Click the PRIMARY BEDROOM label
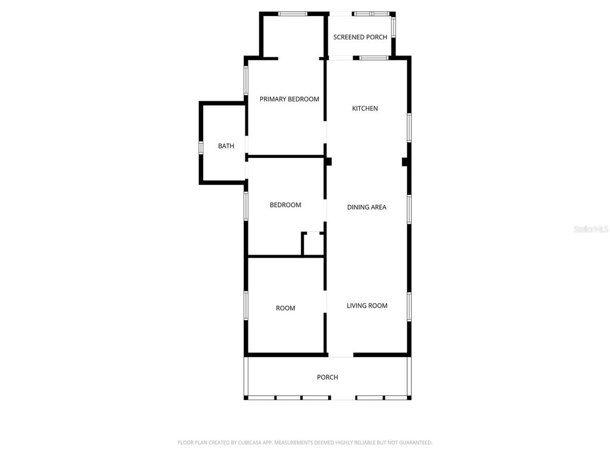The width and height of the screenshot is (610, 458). [x=289, y=99]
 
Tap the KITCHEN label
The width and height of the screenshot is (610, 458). [x=365, y=109]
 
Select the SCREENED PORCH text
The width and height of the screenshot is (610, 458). [x=360, y=37]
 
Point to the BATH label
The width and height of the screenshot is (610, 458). [x=226, y=146]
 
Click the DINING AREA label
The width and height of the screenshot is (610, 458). [x=366, y=208]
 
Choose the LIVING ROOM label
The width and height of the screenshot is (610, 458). [x=367, y=306]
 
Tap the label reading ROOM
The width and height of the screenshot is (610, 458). [x=285, y=308]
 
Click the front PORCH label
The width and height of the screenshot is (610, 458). [x=327, y=377]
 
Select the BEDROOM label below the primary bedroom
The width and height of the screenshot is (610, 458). [x=285, y=205]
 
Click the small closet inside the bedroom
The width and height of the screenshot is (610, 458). [x=313, y=245]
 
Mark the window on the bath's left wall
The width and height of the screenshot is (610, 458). [x=201, y=146]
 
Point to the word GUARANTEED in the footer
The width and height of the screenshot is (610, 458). [x=413, y=442]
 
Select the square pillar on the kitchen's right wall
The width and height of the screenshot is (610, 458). [x=405, y=162]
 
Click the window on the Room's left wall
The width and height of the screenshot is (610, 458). [x=245, y=305]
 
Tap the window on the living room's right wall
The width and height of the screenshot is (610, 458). [x=409, y=306]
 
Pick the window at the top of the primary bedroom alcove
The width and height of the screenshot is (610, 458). [x=292, y=13]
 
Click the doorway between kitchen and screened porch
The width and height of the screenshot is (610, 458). [x=340, y=57]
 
